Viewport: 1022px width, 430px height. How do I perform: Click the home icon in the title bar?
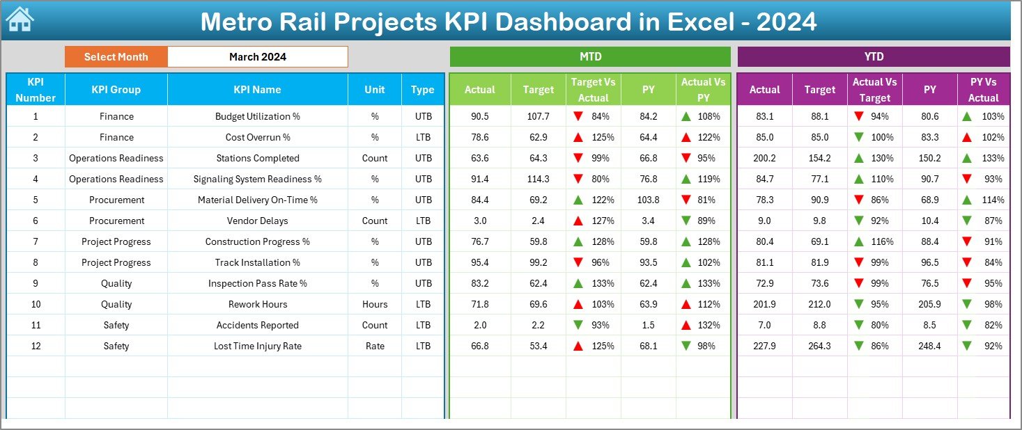click(x=20, y=19)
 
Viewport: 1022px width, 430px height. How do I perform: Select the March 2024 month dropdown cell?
click(x=257, y=57)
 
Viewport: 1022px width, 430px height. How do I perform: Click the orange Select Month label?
click(x=116, y=57)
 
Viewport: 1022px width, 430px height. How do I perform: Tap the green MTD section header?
click(x=590, y=56)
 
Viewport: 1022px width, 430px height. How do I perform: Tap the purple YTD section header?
click(x=873, y=56)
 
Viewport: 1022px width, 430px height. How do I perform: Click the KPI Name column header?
click(x=257, y=89)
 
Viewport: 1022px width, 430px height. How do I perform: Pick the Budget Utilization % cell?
click(x=257, y=116)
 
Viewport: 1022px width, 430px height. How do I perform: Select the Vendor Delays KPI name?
click(x=257, y=221)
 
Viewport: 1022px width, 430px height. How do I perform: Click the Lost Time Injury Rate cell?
click(x=257, y=346)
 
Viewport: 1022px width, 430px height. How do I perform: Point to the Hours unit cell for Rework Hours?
click(x=375, y=304)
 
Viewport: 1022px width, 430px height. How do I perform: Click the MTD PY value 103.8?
click(x=648, y=200)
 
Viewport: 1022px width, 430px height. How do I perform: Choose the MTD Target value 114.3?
click(x=538, y=179)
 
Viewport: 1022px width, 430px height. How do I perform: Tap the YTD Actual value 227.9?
click(x=764, y=346)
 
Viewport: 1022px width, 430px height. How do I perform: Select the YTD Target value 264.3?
click(x=819, y=346)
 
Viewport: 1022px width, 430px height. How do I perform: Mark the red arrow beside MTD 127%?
click(x=578, y=221)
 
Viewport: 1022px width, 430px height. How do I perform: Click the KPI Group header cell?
click(x=116, y=89)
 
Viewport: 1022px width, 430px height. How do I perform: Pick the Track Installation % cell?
click(x=257, y=262)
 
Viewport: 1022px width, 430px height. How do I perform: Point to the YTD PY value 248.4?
click(x=929, y=346)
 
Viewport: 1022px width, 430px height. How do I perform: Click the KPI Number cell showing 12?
click(x=36, y=346)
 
